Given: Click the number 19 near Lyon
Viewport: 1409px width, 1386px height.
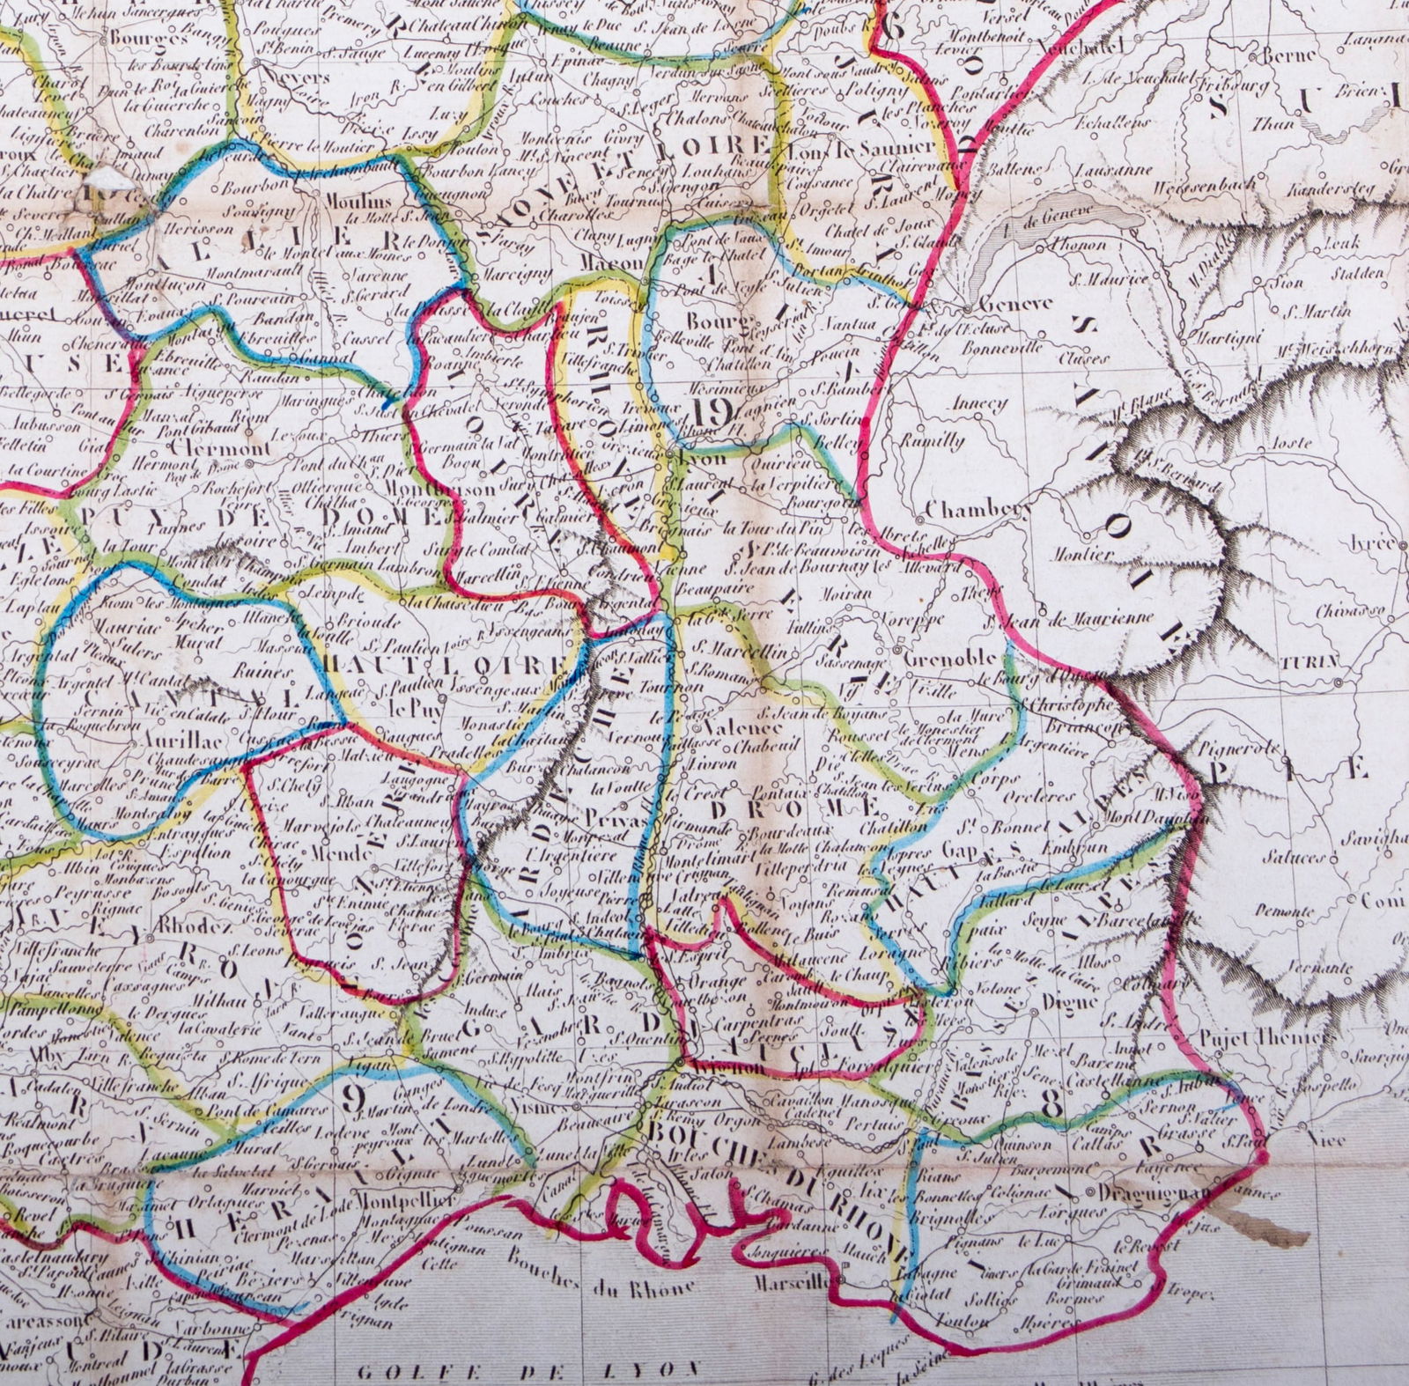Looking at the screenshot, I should pyautogui.click(x=712, y=410).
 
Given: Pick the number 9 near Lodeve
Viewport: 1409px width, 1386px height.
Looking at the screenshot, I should pyautogui.click(x=353, y=1097).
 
